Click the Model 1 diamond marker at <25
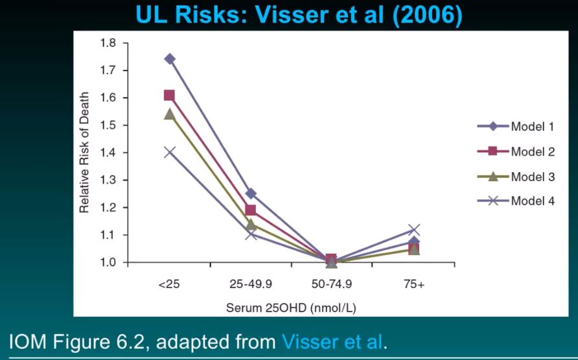point(170,59)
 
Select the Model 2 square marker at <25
point(169,96)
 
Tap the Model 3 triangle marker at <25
point(169,114)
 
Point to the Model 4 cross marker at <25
point(169,152)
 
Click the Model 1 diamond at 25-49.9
point(251,194)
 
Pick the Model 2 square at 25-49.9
point(251,210)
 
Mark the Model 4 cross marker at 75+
point(414,230)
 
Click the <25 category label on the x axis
point(169,285)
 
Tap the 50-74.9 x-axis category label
point(332,285)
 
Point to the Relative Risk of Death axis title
point(85,153)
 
